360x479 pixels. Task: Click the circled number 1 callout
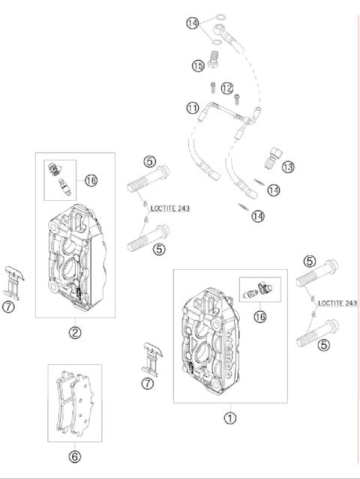point(230,418)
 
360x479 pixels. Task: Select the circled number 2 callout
point(75,332)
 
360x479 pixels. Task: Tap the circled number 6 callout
point(75,457)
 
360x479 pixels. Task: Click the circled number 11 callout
point(193,108)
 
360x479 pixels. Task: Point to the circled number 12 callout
point(227,88)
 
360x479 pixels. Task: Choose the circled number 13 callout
point(288,167)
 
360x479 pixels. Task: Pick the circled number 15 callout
point(198,66)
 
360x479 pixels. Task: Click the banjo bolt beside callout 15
point(215,58)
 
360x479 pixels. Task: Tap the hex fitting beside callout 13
point(272,157)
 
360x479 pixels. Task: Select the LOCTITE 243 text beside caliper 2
point(170,208)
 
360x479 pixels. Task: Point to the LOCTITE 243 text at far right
point(337,303)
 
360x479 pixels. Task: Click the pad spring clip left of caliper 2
point(13,283)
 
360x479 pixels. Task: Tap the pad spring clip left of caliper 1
point(152,360)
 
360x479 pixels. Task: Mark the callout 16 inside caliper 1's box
point(260,316)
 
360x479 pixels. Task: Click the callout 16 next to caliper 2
point(91,180)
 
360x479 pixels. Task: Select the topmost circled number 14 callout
point(193,23)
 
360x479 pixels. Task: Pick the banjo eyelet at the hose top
point(217,29)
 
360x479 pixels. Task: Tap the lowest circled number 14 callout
point(258,217)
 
